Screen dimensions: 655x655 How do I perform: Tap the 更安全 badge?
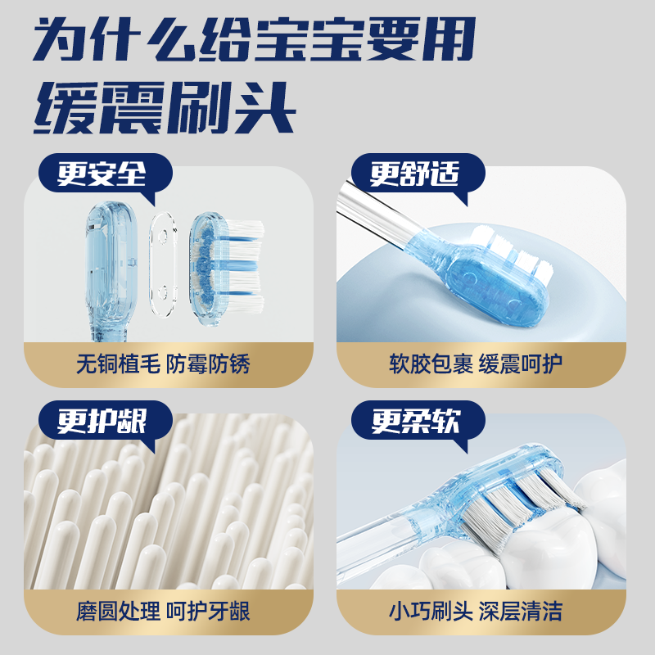(102, 174)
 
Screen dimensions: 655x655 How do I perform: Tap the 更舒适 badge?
(414, 174)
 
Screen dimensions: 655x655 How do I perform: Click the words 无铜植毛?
(110, 364)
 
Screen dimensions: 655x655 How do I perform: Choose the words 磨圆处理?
(110, 611)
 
